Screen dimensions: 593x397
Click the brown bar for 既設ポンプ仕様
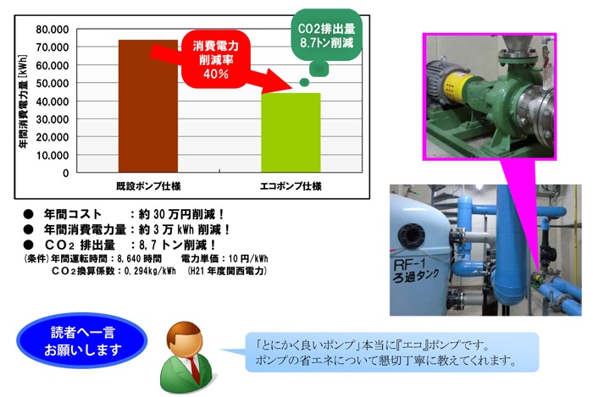tap(148, 106)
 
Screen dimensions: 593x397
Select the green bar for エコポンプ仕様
tap(291, 133)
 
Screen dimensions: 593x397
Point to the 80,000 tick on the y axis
tap(53, 30)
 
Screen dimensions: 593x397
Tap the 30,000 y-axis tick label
tap(53, 119)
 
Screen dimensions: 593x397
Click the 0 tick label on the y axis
tap(66, 174)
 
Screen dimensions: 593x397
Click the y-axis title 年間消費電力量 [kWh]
tap(24, 102)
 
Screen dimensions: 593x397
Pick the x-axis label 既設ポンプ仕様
tap(148, 186)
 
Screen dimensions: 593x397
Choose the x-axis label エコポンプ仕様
tap(291, 186)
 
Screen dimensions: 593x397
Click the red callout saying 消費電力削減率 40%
tap(215, 60)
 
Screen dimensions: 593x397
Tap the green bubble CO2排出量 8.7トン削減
tap(326, 36)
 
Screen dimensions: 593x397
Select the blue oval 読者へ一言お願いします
tap(82, 341)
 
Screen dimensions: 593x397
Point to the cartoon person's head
tap(185, 340)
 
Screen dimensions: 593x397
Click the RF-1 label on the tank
tap(409, 263)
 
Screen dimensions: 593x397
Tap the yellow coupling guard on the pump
tap(459, 88)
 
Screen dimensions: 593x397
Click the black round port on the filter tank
tap(410, 235)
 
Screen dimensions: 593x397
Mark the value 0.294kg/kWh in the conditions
tap(150, 271)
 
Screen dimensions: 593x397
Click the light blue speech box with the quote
tap(391, 352)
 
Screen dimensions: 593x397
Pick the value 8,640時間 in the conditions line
tap(139, 259)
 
